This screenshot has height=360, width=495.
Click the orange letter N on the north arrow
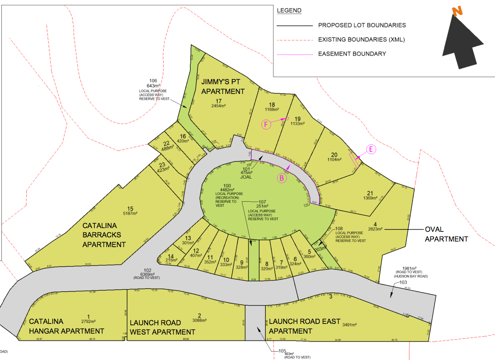pyautogui.click(x=458, y=12)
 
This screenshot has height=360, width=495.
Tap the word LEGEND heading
pyautogui.click(x=289, y=11)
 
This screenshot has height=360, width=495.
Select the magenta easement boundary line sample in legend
pyautogui.click(x=294, y=54)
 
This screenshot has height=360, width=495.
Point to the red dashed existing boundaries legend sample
pyautogui.click(x=294, y=40)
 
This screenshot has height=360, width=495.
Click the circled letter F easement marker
pyautogui.click(x=266, y=124)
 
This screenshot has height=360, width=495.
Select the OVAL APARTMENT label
pyautogui.click(x=446, y=234)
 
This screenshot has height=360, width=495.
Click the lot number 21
pyautogui.click(x=370, y=193)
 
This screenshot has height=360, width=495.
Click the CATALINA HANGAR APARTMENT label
pyautogui.click(x=67, y=326)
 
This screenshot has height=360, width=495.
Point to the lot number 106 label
pyautogui.click(x=153, y=80)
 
